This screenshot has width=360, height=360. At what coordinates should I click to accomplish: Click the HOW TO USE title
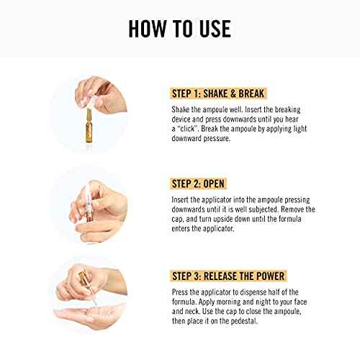coord(179,29)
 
